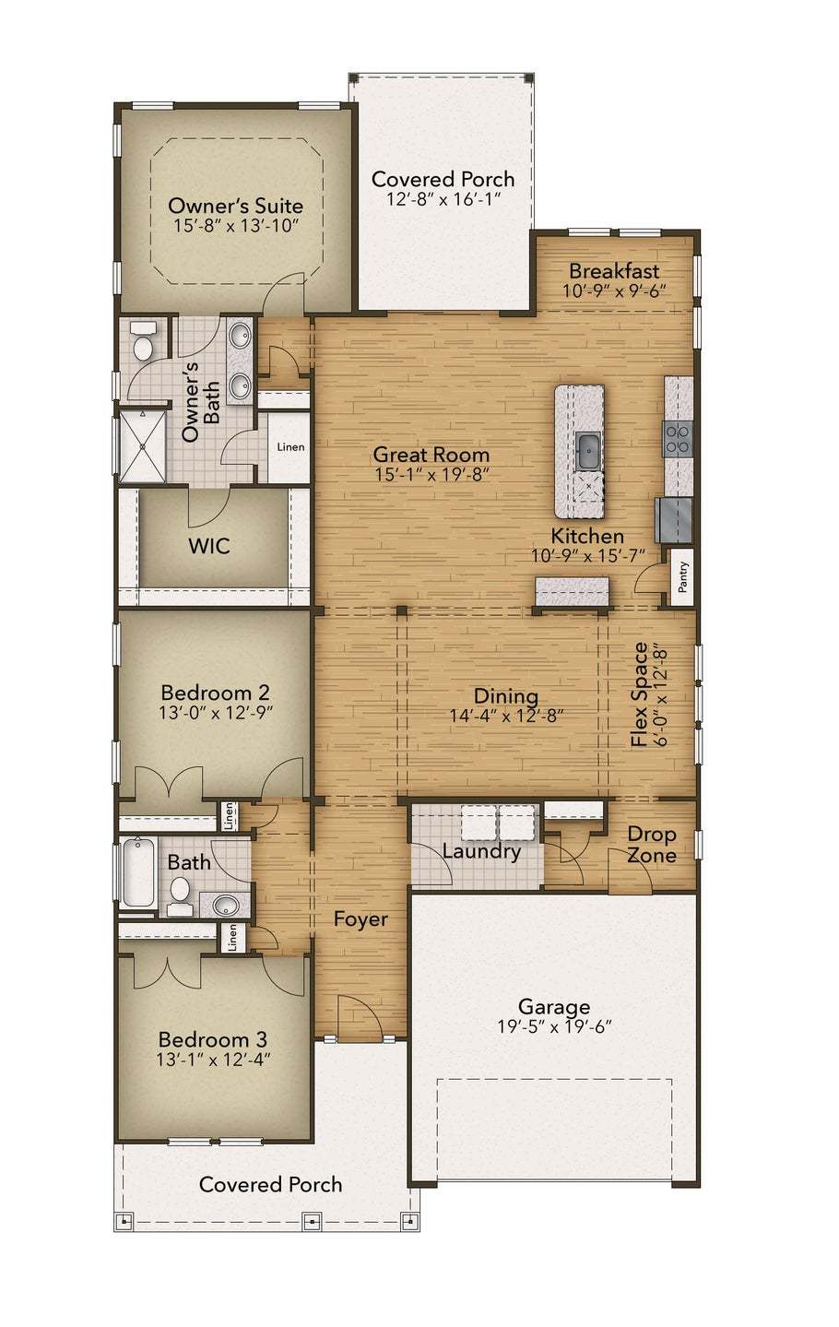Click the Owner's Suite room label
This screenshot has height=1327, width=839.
[235, 206]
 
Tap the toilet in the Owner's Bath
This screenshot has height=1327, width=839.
[143, 343]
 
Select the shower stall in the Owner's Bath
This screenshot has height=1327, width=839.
[142, 445]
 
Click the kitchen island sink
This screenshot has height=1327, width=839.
[587, 449]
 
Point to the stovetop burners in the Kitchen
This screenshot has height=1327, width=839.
[678, 439]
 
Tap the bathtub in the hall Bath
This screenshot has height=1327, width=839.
[137, 872]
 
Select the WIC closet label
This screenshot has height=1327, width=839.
[209, 546]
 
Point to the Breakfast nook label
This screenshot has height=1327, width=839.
[614, 271]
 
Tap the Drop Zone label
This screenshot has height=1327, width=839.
[652, 845]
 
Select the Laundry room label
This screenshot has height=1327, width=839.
[481, 851]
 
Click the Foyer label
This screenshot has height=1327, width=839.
[360, 919]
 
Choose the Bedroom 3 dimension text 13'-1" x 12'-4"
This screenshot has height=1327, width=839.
[213, 1060]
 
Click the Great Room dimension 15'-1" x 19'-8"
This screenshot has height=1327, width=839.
[431, 475]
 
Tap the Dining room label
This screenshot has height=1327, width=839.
[506, 696]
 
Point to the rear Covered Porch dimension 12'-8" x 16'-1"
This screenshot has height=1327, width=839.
[443, 199]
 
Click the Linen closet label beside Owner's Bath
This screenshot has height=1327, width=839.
[290, 447]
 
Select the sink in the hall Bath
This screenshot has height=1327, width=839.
[225, 906]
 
